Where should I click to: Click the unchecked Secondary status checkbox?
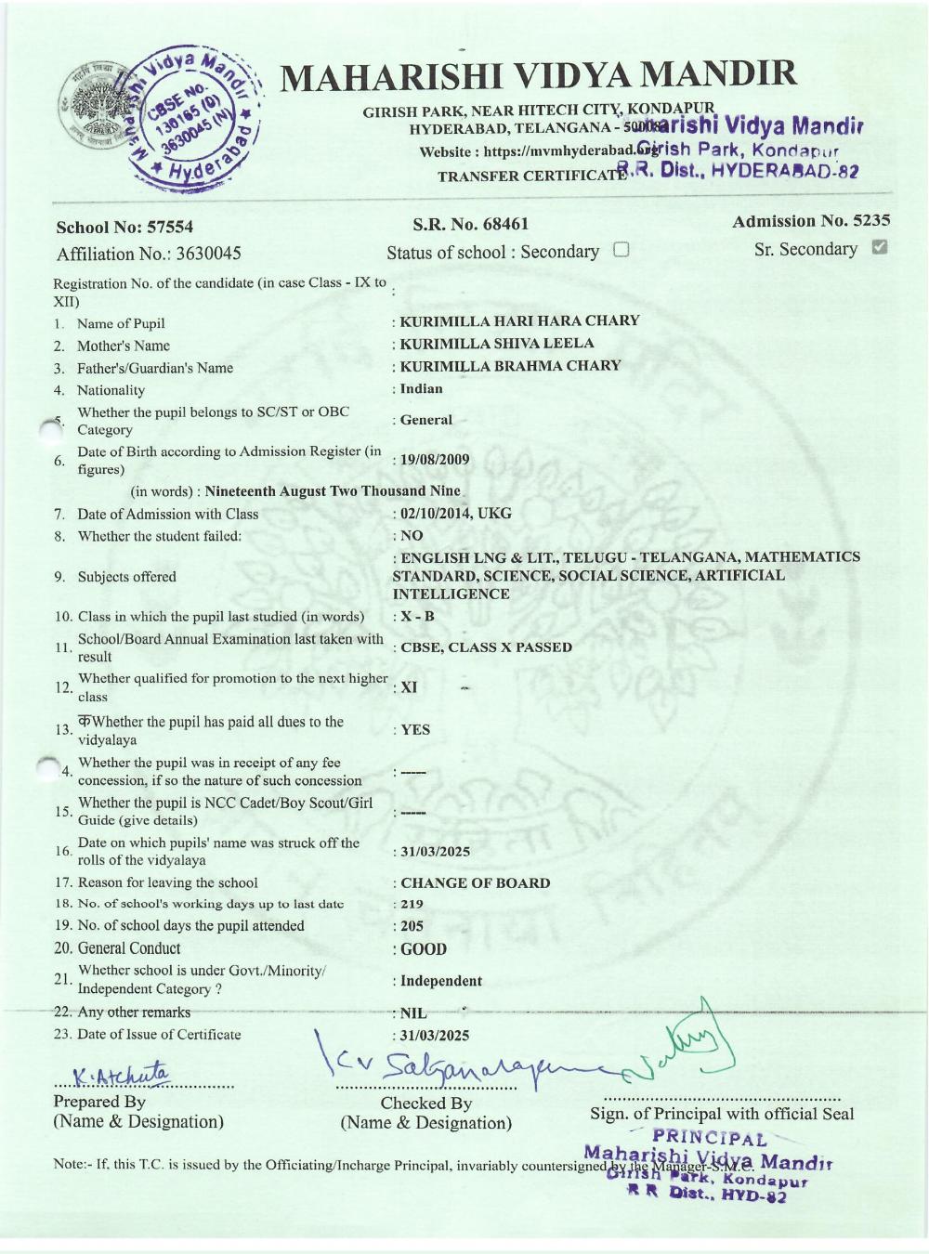click(622, 250)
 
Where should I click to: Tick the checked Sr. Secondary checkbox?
click(881, 247)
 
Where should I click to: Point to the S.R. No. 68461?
click(470, 224)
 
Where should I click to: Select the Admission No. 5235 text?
click(810, 221)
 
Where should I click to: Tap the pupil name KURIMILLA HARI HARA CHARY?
click(519, 320)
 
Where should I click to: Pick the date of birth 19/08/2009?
click(434, 459)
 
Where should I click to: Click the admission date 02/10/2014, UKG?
click(455, 513)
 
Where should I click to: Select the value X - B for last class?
click(417, 616)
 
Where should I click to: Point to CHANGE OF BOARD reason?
click(475, 882)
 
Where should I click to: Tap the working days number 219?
click(412, 904)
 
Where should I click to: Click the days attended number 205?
click(412, 925)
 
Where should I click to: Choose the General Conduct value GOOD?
click(424, 949)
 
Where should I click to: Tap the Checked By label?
click(425, 1104)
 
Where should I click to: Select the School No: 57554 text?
click(124, 228)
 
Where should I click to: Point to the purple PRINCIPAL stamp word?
click(710, 1138)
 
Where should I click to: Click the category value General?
click(425, 420)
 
